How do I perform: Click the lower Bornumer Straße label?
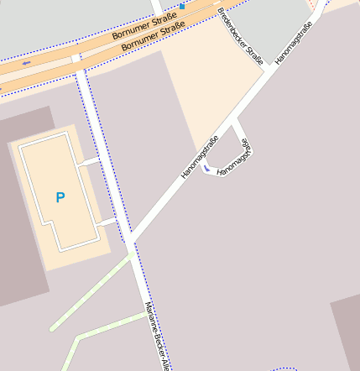(153, 37)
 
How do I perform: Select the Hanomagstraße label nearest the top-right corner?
(293, 43)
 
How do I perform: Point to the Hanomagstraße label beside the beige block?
(200, 157)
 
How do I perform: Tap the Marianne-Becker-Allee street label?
(159, 336)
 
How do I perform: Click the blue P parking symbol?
(60, 198)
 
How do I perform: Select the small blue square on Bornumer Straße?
(181, 6)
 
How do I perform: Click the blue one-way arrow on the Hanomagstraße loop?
(208, 169)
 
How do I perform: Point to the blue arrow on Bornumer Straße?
(27, 63)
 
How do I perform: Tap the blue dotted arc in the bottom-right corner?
(285, 368)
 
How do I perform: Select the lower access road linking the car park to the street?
(107, 222)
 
